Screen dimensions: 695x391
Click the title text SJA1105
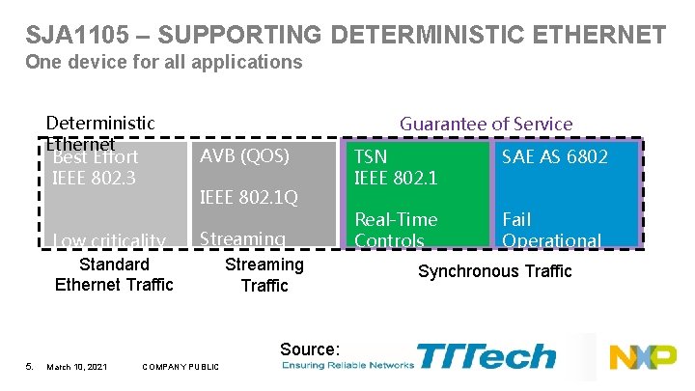[x=81, y=36]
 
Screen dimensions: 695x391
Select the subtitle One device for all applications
[x=163, y=63]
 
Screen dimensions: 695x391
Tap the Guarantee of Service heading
[x=486, y=124]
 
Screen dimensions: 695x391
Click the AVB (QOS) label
[x=243, y=155]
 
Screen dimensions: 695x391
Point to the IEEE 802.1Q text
[x=248, y=198]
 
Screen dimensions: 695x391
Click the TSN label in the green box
[x=371, y=156]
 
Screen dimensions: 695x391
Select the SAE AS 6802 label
[x=555, y=156]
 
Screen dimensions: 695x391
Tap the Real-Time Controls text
[x=396, y=230]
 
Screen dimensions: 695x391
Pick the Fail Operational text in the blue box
[x=551, y=230]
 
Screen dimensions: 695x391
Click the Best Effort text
[x=96, y=156]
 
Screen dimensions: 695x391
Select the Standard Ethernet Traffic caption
[x=114, y=274]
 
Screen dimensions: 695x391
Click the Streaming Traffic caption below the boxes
[x=264, y=274]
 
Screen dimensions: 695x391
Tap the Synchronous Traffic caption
[x=494, y=271]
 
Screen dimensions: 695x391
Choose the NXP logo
[x=642, y=356]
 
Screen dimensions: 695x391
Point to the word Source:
[x=309, y=349]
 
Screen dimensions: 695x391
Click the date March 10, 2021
[x=76, y=366]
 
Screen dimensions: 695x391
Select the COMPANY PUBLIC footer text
[x=180, y=366]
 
